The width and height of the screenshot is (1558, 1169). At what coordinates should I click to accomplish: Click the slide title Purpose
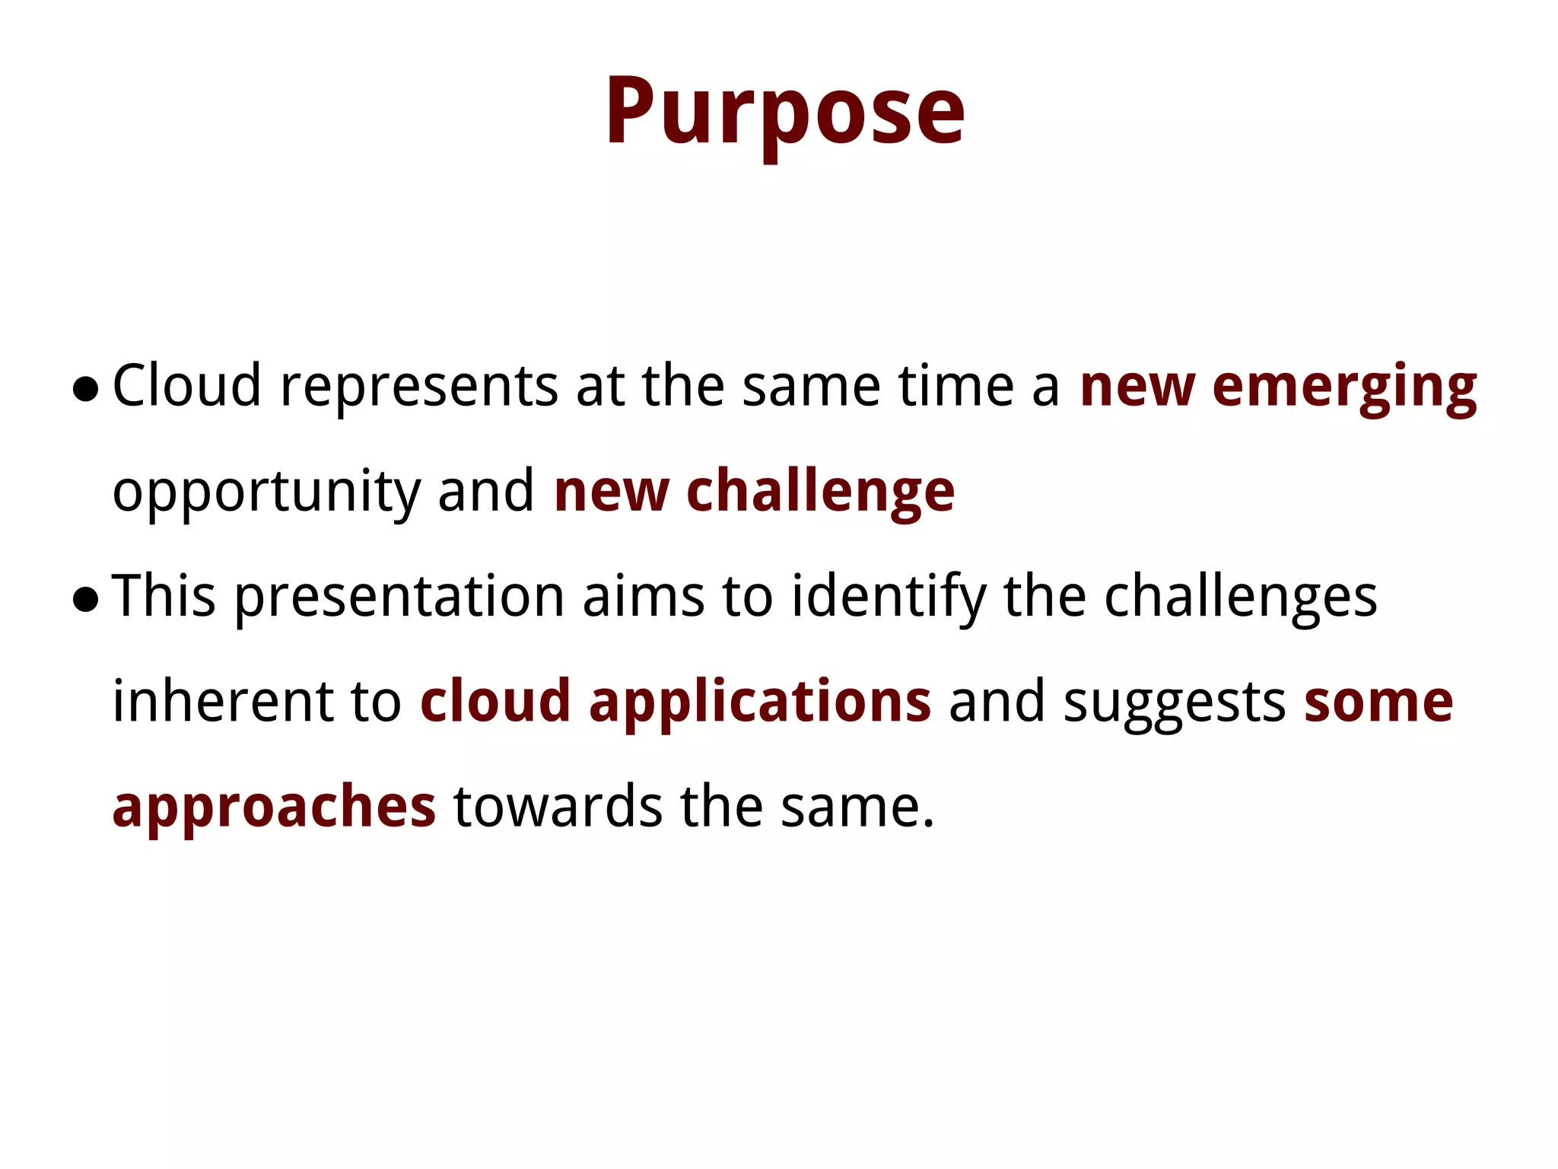(784, 112)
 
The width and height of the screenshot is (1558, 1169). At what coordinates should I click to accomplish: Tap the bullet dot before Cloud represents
(85, 389)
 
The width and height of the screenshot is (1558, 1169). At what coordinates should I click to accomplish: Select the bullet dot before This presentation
(85, 600)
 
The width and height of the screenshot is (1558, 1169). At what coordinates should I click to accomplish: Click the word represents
(419, 386)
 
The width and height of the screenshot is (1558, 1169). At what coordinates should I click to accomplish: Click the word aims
(644, 596)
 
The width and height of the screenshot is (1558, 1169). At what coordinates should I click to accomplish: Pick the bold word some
(1378, 701)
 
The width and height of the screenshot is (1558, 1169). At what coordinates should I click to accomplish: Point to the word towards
(558, 806)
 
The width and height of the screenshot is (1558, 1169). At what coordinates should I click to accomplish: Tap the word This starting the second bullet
(164, 596)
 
